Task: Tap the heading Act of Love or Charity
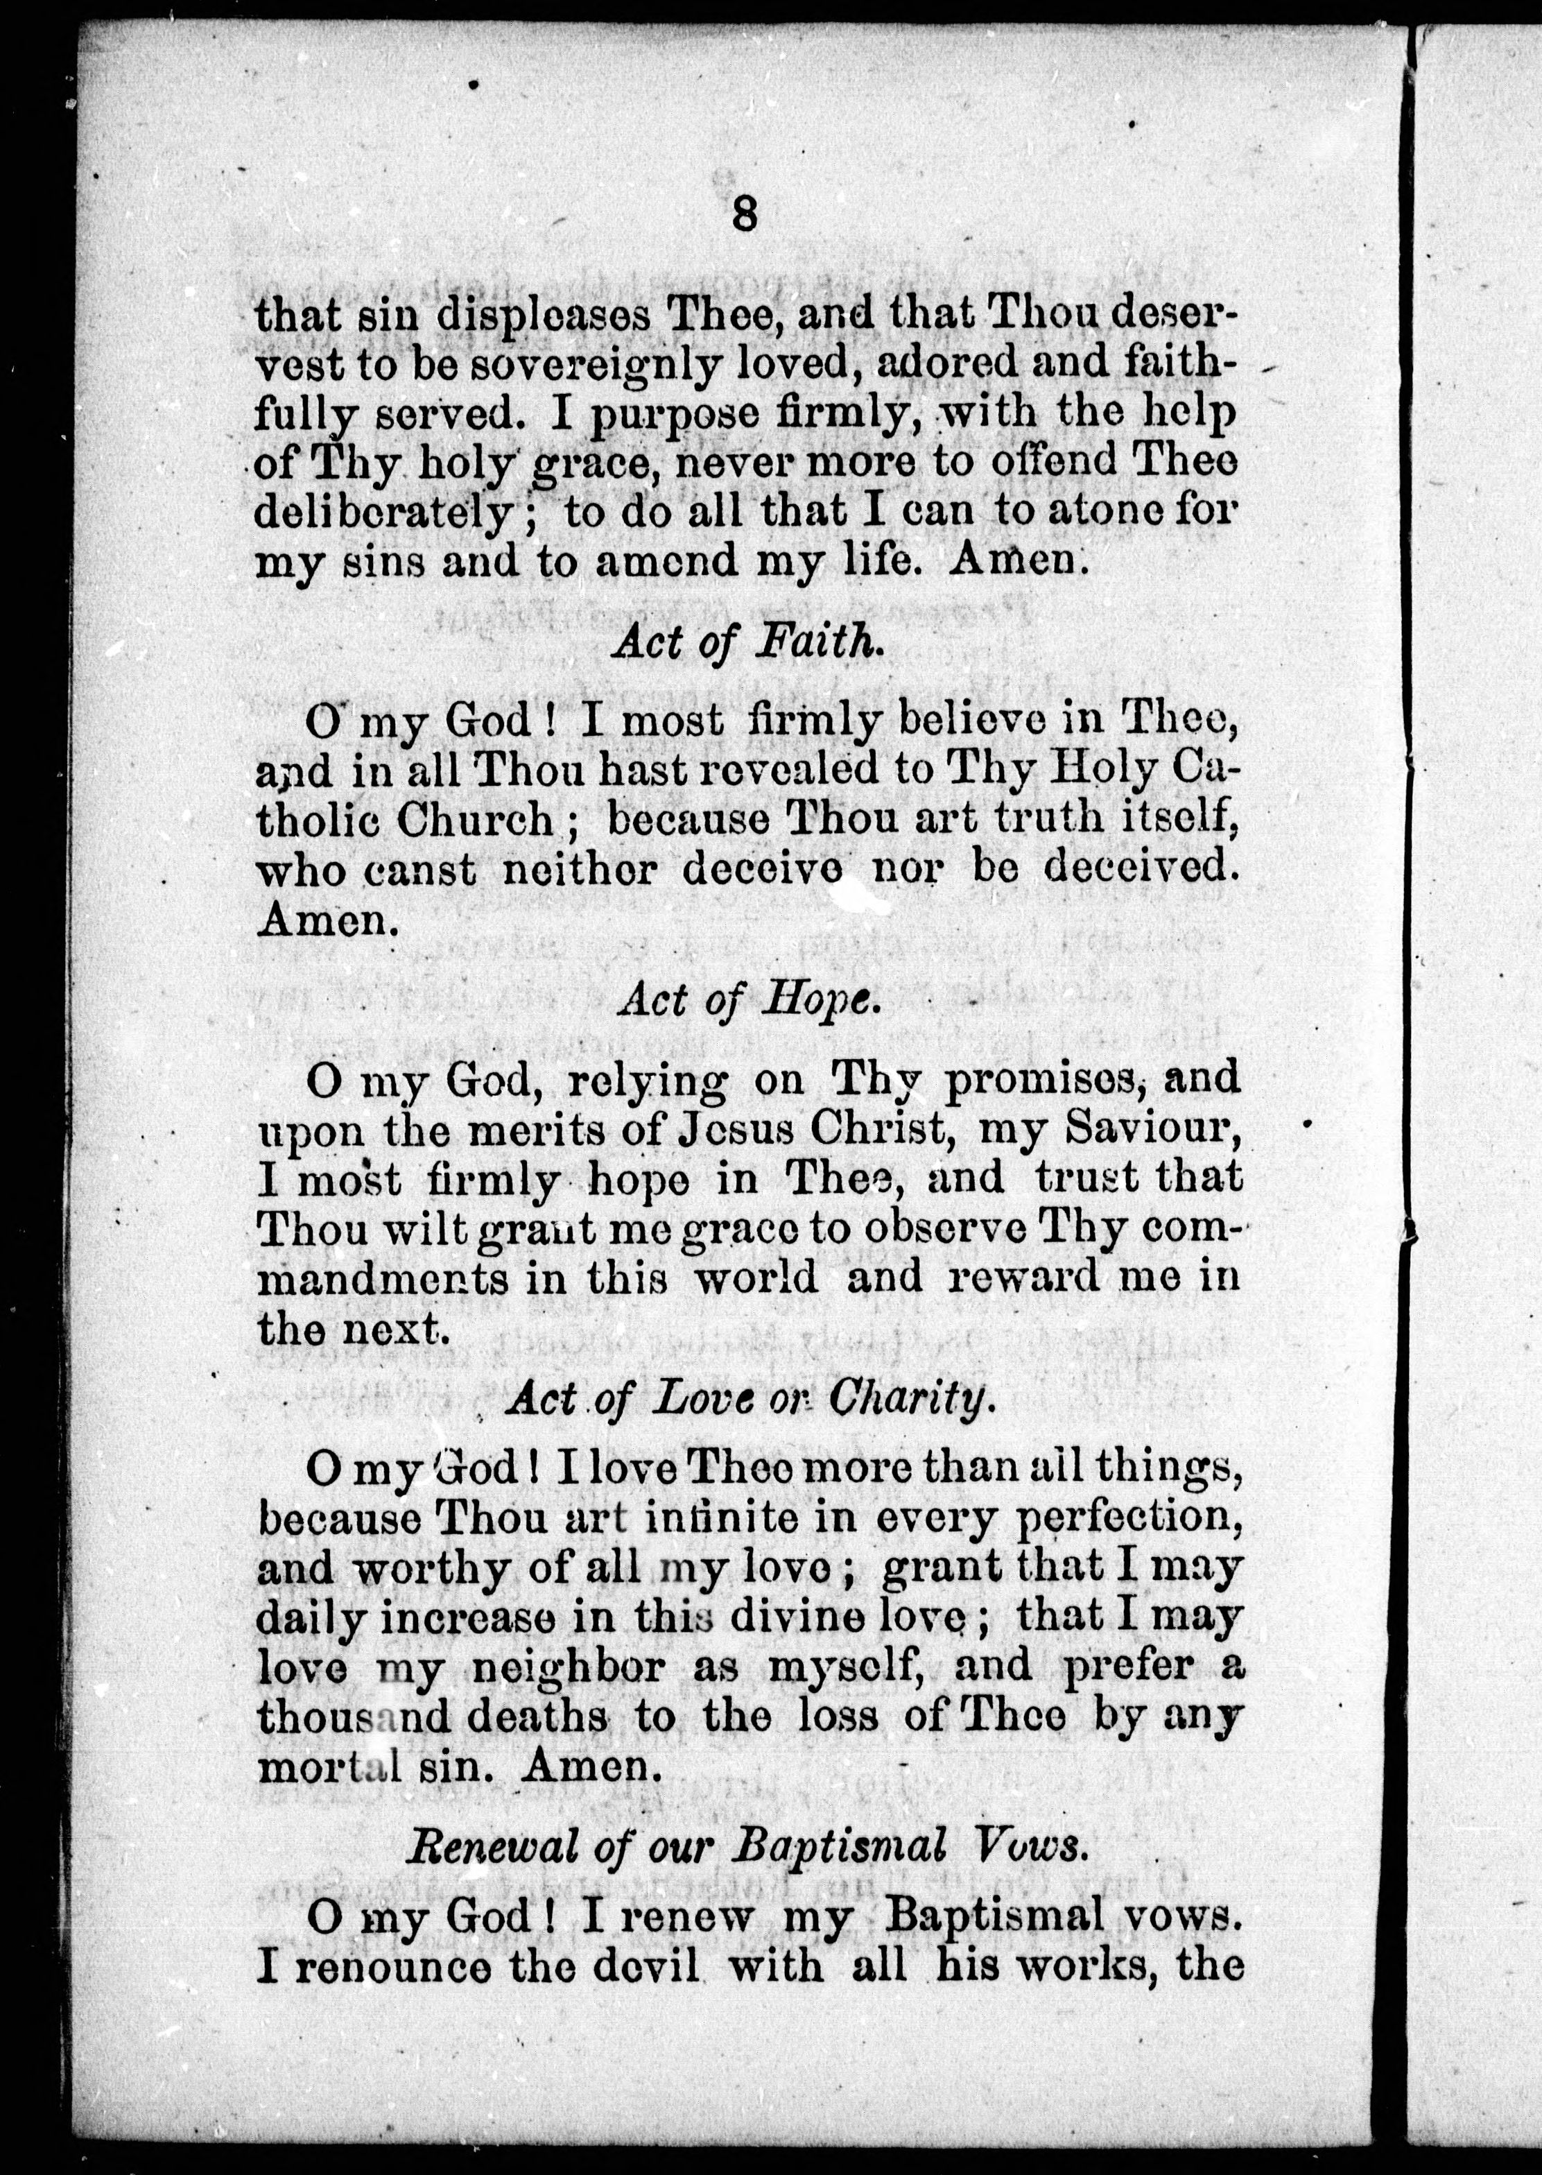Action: point(748,1398)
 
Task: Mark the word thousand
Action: point(353,1717)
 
